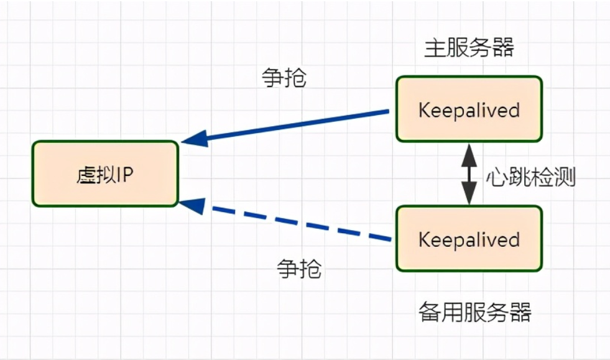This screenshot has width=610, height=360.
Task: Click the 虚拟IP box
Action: (x=105, y=173)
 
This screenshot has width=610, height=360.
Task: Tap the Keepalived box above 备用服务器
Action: (x=469, y=239)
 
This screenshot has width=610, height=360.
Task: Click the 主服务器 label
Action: (x=469, y=47)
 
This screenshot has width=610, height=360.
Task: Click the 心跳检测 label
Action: (x=530, y=177)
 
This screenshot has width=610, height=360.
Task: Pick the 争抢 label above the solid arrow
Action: (x=285, y=78)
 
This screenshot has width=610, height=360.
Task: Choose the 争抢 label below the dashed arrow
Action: (x=299, y=269)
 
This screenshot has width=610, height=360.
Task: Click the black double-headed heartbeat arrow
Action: (x=468, y=175)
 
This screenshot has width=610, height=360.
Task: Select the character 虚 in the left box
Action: (x=85, y=174)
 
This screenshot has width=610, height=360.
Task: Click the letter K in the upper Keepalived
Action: (x=424, y=111)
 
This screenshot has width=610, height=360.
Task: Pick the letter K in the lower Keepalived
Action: (x=424, y=239)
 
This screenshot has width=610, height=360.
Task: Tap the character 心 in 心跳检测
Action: (x=496, y=178)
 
